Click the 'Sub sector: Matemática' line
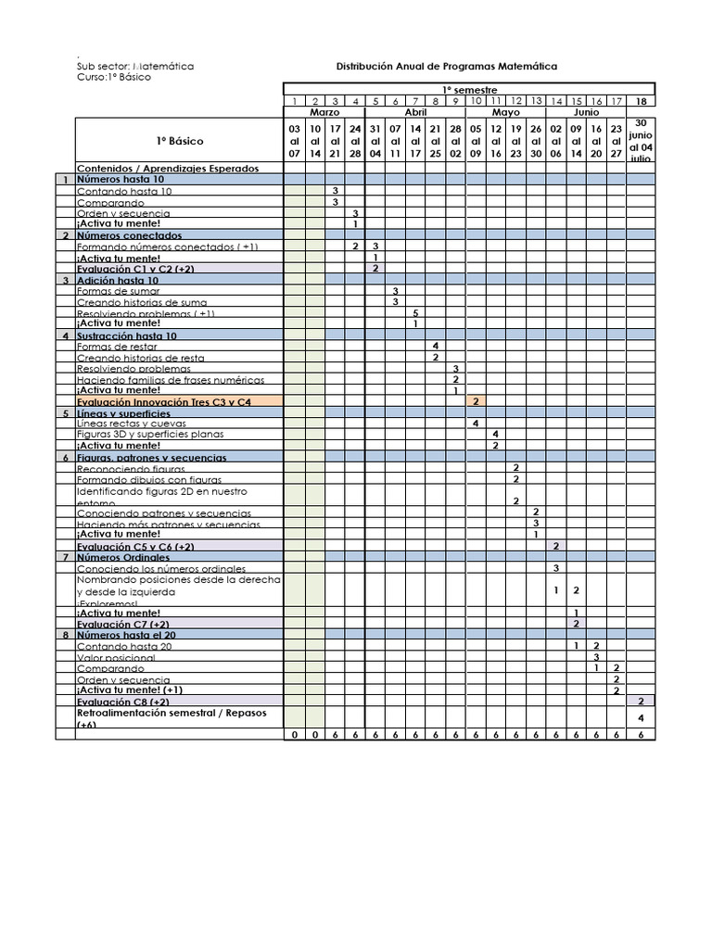tap(135, 67)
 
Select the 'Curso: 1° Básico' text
tap(114, 77)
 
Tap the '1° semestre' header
tap(468, 90)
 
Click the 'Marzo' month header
tap(324, 111)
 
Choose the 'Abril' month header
tap(415, 111)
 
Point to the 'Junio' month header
tap(586, 111)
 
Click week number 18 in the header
tap(641, 101)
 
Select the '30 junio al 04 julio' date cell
tap(641, 140)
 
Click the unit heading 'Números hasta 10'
tap(121, 180)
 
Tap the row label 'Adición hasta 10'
tap(118, 280)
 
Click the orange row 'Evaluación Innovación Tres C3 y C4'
tap(164, 402)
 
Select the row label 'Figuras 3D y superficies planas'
tap(149, 434)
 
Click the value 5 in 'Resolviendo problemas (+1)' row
tap(415, 313)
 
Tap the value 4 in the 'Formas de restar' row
tap(436, 346)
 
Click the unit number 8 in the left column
tap(66, 635)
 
